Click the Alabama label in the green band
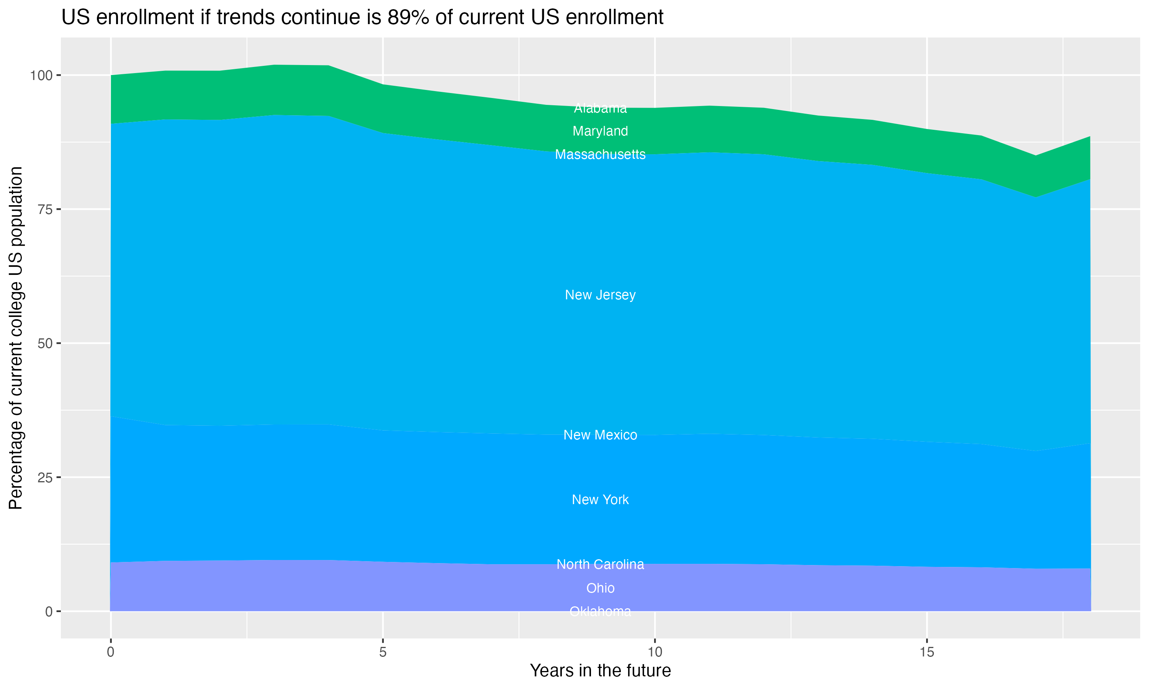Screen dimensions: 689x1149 click(x=600, y=108)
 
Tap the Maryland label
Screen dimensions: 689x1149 click(x=600, y=131)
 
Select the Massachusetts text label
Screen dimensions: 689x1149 click(x=600, y=154)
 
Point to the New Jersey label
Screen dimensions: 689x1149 click(x=600, y=295)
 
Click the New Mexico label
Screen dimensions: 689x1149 click(x=600, y=435)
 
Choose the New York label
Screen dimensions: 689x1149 click(x=600, y=500)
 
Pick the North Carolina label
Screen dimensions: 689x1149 click(x=600, y=564)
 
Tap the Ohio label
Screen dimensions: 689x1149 click(x=600, y=588)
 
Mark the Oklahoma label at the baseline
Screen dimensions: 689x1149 click(x=600, y=611)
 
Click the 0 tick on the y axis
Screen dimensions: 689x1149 click(x=48, y=611)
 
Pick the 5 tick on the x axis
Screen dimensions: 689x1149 click(x=383, y=652)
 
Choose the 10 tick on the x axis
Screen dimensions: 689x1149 click(x=655, y=652)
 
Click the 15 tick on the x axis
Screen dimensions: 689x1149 click(x=926, y=652)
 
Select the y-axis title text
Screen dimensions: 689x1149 click(x=16, y=338)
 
